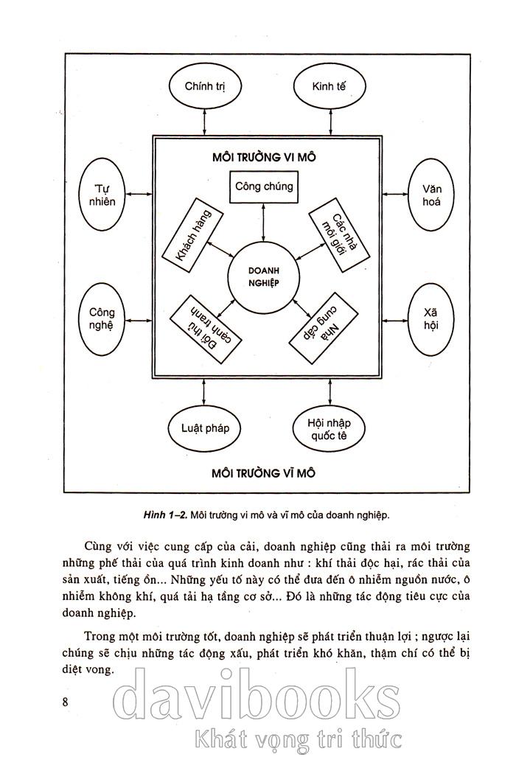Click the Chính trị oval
[x=204, y=86]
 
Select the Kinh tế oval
[x=329, y=86]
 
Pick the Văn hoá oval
[x=432, y=195]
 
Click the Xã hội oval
[x=432, y=318]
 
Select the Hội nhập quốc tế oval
[x=329, y=428]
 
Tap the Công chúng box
[x=263, y=186]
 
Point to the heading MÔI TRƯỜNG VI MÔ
[x=263, y=156]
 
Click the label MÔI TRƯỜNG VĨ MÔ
[x=263, y=472]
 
